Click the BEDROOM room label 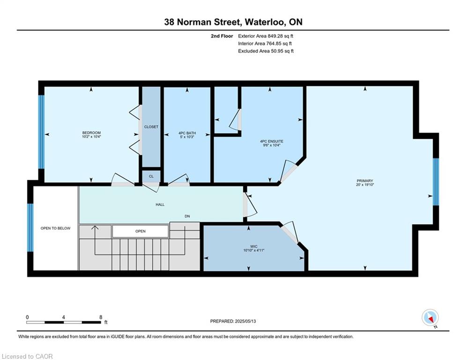tap(91, 133)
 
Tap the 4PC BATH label tap(187, 133)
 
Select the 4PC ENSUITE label tap(271, 141)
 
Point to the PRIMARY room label tap(365, 180)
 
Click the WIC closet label tap(253, 247)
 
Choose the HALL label tap(160, 204)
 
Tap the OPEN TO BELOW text tap(56, 228)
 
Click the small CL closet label tap(151, 176)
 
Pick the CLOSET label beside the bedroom tap(151, 127)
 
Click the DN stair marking tap(187, 216)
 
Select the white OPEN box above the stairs tap(141, 231)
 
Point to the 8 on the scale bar tap(101, 317)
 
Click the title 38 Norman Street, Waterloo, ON tap(233, 22)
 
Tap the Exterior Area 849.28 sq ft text tap(266, 36)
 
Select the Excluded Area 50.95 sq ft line tap(266, 51)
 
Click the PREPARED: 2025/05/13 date tap(233, 321)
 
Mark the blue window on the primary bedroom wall tap(436, 182)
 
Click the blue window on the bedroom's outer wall tap(41, 132)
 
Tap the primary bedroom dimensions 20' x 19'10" tap(365, 185)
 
